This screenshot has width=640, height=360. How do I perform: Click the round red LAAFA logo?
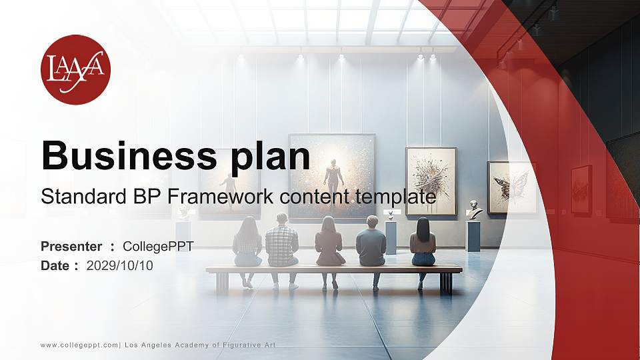tap(75, 69)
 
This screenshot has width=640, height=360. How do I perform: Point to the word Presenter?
tap(71, 247)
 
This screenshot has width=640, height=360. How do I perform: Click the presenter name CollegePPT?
tap(158, 247)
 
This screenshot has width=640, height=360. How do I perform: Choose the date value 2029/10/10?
tap(119, 266)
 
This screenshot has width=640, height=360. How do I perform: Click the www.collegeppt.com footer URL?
tap(79, 345)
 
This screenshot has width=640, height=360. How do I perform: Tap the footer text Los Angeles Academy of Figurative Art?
tap(200, 345)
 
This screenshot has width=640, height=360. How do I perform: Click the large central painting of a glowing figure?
tap(332, 175)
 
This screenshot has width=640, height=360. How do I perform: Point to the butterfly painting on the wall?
tap(511, 187)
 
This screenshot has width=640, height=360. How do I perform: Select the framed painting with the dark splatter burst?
tap(431, 181)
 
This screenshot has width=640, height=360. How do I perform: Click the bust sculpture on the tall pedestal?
tap(474, 211)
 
